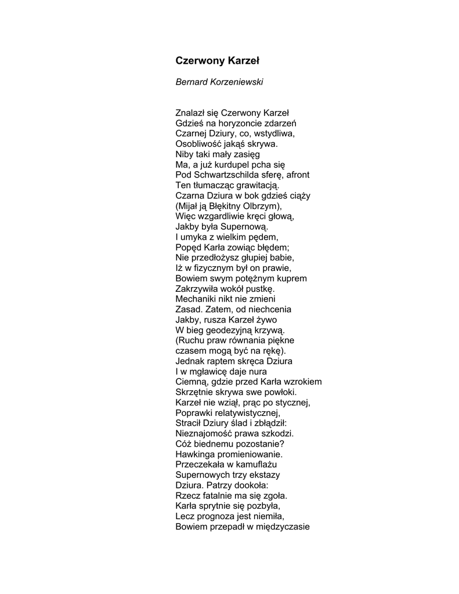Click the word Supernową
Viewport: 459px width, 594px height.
pyautogui.click(x=243, y=227)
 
